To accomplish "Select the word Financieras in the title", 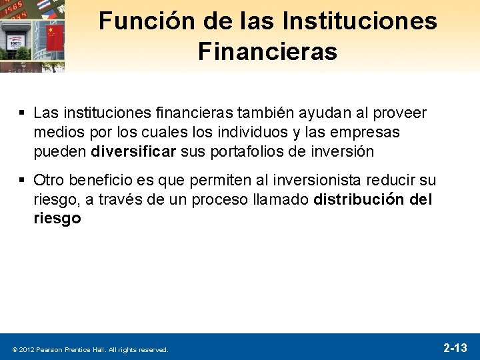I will point(267,52).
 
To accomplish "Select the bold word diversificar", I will point(133,151).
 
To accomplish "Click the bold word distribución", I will point(358,199).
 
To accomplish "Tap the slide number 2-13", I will point(455,347).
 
